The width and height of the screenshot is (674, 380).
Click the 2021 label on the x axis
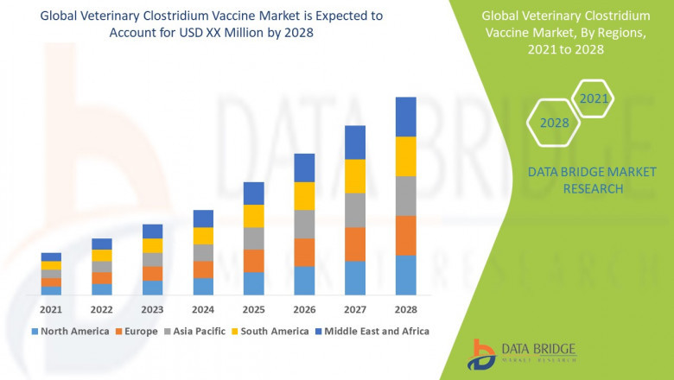pos(51,309)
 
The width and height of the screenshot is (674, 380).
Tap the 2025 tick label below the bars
pos(253,309)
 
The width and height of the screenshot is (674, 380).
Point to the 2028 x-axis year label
pos(405,309)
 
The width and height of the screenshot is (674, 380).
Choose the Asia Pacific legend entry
pos(198,331)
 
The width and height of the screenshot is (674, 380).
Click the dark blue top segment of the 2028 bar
pos(405,117)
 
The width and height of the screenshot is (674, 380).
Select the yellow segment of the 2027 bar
pos(355,176)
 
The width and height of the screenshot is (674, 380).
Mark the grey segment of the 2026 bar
pos(304,224)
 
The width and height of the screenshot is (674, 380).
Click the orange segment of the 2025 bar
pos(253,261)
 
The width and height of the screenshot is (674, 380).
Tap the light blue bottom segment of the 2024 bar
pos(203,286)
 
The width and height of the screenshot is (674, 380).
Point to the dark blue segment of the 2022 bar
pos(102,244)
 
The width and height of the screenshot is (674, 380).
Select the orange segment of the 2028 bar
pos(405,235)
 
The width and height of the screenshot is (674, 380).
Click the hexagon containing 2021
pos(594,99)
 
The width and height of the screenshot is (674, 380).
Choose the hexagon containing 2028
pos(554,123)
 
